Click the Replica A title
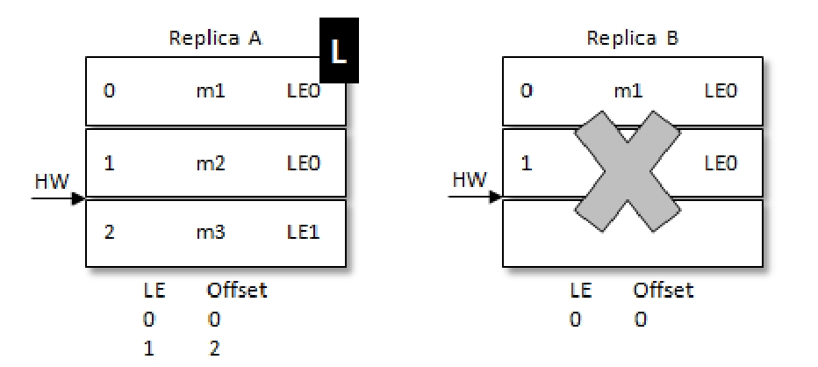click(216, 40)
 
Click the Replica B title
click(633, 40)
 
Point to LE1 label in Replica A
click(315, 234)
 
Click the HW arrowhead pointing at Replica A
click(79, 198)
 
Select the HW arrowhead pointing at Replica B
click(496, 198)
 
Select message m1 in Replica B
click(629, 90)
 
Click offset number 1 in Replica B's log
click(527, 162)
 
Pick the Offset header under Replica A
click(236, 291)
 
